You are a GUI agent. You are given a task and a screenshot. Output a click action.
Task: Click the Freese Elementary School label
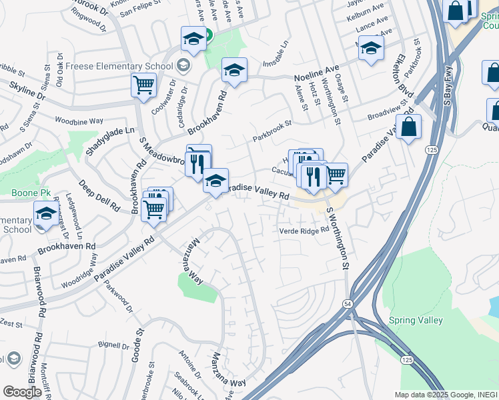click(117, 66)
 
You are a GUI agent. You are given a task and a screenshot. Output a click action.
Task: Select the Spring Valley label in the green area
click(416, 320)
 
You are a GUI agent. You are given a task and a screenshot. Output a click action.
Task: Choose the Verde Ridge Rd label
click(304, 231)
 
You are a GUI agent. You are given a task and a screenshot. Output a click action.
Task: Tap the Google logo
click(22, 391)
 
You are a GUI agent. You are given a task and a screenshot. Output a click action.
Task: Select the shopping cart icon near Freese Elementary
click(143, 86)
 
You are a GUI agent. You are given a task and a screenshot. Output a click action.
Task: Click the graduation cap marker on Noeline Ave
click(234, 70)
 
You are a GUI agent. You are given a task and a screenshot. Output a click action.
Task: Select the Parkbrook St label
click(272, 131)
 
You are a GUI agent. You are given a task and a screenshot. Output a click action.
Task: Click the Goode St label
click(137, 344)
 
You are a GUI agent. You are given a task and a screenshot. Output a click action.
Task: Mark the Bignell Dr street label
click(113, 345)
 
